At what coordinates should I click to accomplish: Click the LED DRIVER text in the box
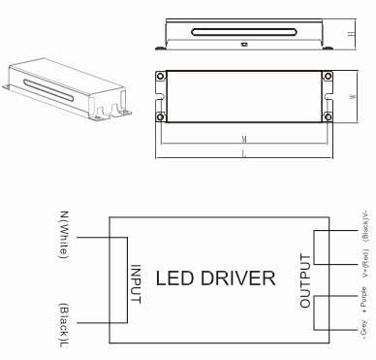(216, 278)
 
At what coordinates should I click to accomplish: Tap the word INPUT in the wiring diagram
(136, 284)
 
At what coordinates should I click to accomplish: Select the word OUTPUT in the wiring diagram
(305, 280)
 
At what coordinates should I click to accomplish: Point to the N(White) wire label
(64, 235)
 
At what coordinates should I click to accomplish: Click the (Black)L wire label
(64, 325)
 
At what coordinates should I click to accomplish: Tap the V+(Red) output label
(365, 263)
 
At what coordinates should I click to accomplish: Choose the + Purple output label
(364, 300)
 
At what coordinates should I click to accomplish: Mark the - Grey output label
(364, 330)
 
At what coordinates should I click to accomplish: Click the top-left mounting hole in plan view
(161, 77)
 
